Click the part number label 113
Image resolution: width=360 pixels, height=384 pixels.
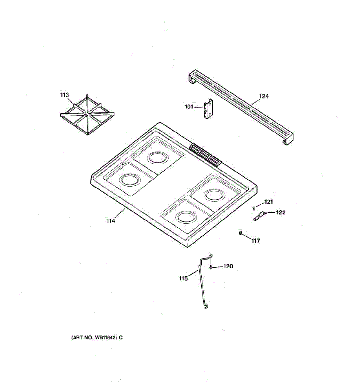[65, 95]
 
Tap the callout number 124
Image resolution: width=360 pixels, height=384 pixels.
[264, 96]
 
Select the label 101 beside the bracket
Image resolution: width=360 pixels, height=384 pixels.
[189, 107]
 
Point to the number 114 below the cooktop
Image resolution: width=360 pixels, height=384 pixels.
[111, 221]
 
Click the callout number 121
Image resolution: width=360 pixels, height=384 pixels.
[268, 202]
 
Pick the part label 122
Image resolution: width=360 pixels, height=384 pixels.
[281, 212]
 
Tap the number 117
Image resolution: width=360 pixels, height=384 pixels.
[255, 241]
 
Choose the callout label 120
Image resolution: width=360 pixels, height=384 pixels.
[228, 266]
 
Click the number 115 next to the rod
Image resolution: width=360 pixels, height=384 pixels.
[183, 278]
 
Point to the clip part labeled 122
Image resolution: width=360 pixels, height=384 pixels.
[260, 216]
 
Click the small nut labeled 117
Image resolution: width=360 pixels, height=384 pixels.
[240, 233]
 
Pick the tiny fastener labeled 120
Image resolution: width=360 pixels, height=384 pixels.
[211, 267]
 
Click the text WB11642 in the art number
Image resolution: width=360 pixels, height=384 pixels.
[106, 337]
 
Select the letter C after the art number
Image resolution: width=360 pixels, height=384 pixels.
[121, 337]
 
